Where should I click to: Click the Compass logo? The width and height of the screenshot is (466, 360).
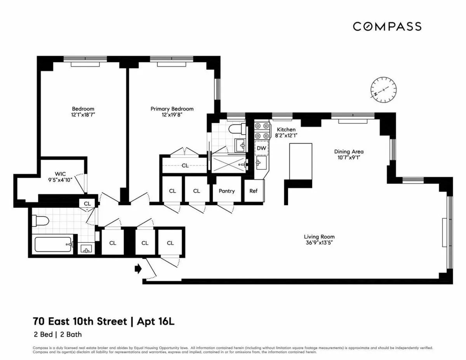(387, 26)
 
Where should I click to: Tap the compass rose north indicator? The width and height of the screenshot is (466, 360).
(383, 89)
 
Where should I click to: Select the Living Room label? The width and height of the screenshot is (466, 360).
(319, 237)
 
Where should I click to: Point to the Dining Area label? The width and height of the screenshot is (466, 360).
(349, 151)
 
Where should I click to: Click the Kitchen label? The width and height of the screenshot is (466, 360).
(286, 129)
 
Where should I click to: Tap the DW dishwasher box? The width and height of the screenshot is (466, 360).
(261, 148)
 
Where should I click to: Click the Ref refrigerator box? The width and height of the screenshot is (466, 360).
(253, 191)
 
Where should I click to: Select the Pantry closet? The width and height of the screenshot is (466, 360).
(226, 191)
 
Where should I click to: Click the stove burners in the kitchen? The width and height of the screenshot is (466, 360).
(262, 131)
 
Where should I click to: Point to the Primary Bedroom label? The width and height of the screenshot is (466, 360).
(172, 109)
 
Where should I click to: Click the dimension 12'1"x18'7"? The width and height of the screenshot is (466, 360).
(83, 115)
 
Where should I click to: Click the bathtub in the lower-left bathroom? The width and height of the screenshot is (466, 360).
(53, 245)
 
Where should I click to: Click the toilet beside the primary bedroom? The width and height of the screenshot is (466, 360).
(236, 129)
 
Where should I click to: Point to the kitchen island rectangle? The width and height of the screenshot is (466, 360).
(301, 161)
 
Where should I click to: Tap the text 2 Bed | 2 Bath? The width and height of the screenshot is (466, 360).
(57, 334)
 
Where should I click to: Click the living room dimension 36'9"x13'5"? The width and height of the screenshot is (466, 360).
(319, 243)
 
